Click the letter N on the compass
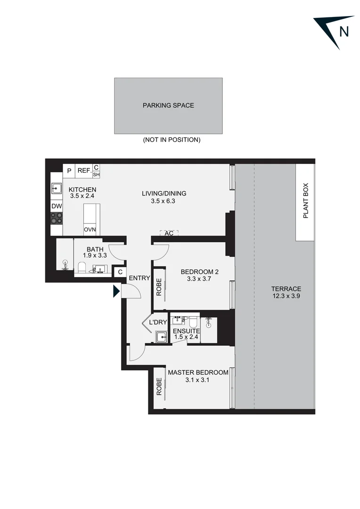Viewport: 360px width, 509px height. (x=344, y=32)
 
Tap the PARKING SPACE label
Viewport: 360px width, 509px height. (x=168, y=106)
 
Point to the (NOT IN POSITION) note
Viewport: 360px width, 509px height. (x=172, y=140)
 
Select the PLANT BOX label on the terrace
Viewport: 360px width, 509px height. (x=305, y=201)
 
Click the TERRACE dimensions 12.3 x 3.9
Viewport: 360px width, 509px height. (x=286, y=296)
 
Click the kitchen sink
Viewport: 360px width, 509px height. (x=57, y=189)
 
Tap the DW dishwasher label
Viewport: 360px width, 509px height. (x=57, y=206)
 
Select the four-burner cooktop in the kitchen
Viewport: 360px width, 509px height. (x=57, y=218)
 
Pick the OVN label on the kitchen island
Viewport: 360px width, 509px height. (x=90, y=230)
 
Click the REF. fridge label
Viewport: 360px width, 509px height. (x=84, y=171)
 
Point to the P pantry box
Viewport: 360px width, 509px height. (x=69, y=171)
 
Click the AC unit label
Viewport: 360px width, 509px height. (x=169, y=233)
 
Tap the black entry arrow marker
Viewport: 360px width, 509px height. (x=116, y=292)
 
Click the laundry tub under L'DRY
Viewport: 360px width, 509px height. (x=162, y=337)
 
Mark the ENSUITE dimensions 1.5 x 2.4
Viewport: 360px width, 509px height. (x=186, y=337)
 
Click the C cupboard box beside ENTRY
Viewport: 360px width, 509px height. (x=120, y=272)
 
